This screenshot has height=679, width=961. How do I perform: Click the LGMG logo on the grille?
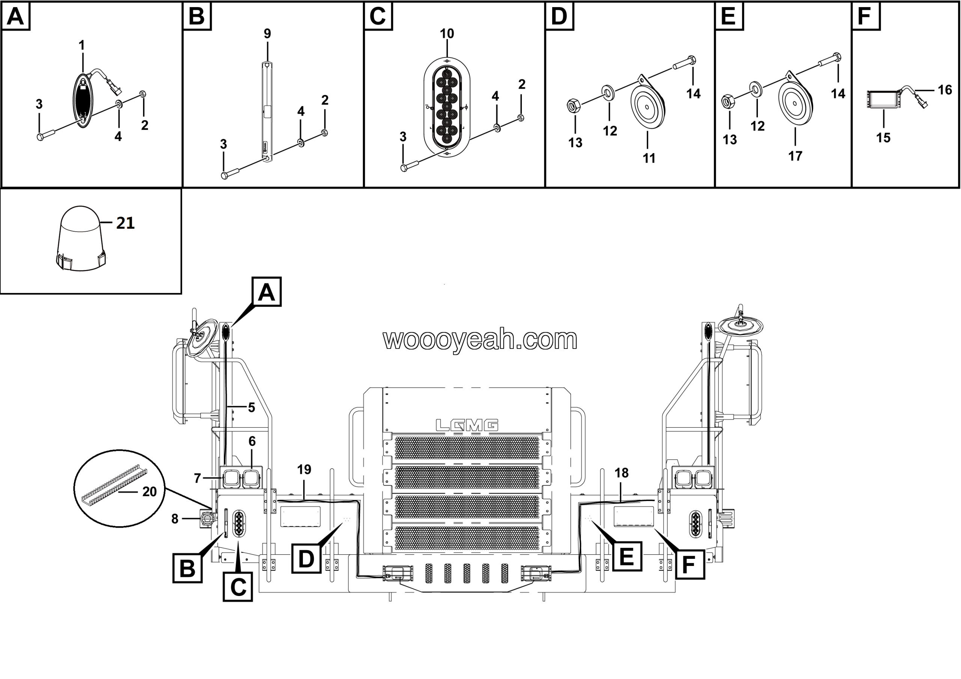click(x=467, y=426)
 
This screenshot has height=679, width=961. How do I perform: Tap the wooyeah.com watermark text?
click(x=480, y=339)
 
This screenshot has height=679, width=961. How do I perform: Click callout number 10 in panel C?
click(x=447, y=33)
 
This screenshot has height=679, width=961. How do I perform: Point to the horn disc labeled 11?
click(x=648, y=107)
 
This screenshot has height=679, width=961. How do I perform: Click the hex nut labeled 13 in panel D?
click(x=573, y=106)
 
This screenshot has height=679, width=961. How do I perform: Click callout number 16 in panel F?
click(x=945, y=90)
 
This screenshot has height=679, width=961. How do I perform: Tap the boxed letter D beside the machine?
click(x=306, y=558)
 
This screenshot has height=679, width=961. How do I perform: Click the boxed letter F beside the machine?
click(x=688, y=565)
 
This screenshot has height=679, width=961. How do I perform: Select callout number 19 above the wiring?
click(x=304, y=470)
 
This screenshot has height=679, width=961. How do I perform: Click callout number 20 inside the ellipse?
click(x=149, y=492)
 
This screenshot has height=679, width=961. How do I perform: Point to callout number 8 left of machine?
click(x=175, y=519)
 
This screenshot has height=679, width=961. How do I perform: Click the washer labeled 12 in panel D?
click(x=607, y=92)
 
